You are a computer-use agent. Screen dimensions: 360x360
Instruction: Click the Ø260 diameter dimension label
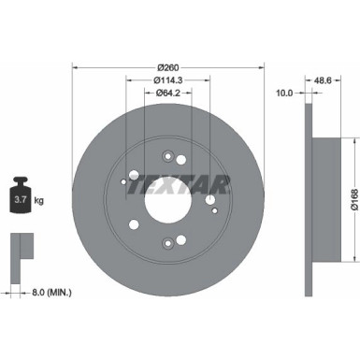168,66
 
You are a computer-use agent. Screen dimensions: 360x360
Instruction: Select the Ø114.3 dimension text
168,79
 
